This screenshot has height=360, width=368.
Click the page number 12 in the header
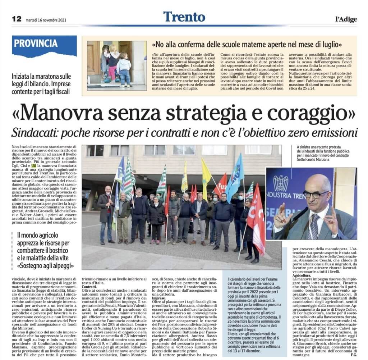click(x=17, y=19)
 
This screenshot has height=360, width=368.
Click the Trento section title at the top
click(x=184, y=17)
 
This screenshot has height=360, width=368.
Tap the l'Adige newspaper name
click(x=346, y=19)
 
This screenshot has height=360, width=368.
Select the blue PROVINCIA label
click(x=36, y=44)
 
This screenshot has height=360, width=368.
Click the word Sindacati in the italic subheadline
click(x=34, y=133)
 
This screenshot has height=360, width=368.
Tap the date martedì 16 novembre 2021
click(x=46, y=20)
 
